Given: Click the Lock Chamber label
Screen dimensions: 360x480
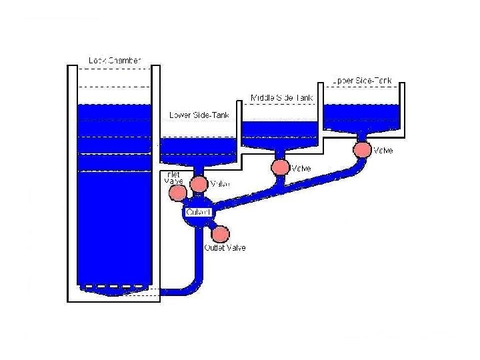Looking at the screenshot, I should (x=115, y=61).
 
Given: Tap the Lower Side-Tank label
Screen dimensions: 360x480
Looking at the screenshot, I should (x=199, y=115).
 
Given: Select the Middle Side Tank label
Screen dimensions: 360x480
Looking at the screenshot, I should (x=281, y=98).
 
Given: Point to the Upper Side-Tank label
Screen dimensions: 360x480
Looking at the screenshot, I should (x=363, y=80).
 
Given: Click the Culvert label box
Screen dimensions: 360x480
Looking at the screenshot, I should (x=198, y=212).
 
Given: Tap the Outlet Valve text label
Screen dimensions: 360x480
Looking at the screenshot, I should (x=225, y=248).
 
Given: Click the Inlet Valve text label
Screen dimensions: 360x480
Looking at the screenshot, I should (x=173, y=178).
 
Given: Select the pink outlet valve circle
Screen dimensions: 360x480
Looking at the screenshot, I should (x=220, y=234).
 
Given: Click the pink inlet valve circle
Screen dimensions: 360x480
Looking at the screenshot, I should (x=177, y=193).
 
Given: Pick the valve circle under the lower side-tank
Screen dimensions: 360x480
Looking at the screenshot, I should (x=199, y=183).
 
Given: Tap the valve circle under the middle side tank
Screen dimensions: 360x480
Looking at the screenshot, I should (x=280, y=167).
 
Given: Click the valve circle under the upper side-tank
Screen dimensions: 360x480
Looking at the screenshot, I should (x=362, y=149).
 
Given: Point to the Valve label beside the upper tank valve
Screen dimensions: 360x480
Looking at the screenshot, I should (x=383, y=151).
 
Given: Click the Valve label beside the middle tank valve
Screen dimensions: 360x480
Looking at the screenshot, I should (x=301, y=169).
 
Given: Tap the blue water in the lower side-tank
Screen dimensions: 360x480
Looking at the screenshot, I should (x=199, y=147).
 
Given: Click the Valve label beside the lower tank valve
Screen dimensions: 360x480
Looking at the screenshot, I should (x=220, y=184).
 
